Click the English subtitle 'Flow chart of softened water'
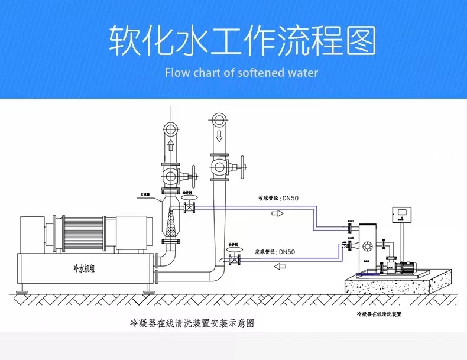click(241, 73)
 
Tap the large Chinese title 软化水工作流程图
click(242, 40)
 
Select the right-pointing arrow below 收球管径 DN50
click(277, 213)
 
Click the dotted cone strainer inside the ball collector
click(172, 224)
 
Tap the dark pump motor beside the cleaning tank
click(407, 267)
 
